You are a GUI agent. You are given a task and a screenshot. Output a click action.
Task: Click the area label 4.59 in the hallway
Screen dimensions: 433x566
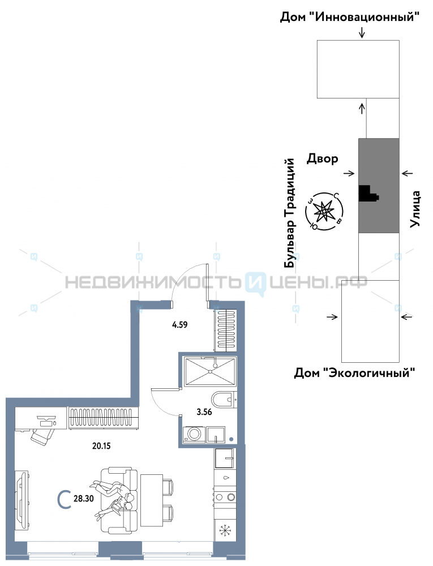coord(179,324)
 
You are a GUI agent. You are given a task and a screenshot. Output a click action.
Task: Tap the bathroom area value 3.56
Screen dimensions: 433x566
coord(204,412)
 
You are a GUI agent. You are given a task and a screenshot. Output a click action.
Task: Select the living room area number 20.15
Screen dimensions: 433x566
coord(101,446)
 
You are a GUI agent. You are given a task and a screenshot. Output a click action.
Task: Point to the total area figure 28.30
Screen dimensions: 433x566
coord(84,499)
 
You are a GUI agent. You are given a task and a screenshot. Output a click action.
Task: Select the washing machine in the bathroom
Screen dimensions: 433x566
coord(194,434)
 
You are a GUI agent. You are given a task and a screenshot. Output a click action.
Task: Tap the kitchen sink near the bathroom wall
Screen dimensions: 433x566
coord(225,458)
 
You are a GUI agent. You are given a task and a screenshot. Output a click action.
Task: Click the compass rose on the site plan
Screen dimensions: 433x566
coord(324,211)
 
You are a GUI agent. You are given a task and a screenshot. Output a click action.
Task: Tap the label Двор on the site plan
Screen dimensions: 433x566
coord(322,159)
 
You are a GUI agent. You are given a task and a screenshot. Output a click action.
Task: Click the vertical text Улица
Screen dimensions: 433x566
coord(415,209)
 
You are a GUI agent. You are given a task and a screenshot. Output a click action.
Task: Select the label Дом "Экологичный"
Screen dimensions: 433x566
coord(354,372)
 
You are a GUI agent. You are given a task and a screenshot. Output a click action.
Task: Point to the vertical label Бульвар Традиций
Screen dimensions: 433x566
coord(290,213)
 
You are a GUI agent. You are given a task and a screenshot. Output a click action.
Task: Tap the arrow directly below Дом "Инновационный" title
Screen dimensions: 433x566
coord(362,33)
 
